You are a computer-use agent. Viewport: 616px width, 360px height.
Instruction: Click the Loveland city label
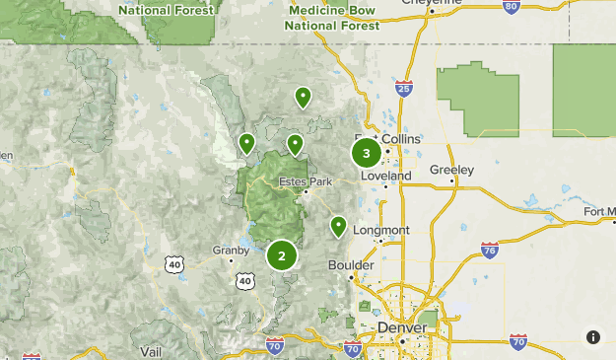[386, 176]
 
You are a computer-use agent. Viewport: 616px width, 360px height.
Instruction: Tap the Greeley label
[451, 170]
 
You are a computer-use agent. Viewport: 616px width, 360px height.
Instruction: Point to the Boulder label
[351, 265]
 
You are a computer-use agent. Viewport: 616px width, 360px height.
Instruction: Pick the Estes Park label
[302, 181]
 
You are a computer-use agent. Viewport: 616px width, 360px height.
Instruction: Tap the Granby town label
[231, 251]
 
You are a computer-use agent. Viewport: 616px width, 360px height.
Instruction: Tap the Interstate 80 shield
[510, 6]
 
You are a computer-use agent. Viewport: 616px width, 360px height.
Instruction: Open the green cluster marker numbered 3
[366, 153]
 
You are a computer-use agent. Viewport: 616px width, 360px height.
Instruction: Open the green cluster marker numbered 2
[282, 255]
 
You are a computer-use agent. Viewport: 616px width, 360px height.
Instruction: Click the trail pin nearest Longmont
[338, 226]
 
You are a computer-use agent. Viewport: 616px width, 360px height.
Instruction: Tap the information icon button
[593, 337]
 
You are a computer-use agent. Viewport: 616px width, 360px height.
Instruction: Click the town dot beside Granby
[232, 261]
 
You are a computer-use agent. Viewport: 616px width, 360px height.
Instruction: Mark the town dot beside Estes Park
[306, 191]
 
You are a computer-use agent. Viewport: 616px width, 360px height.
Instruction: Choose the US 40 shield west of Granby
[173, 264]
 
